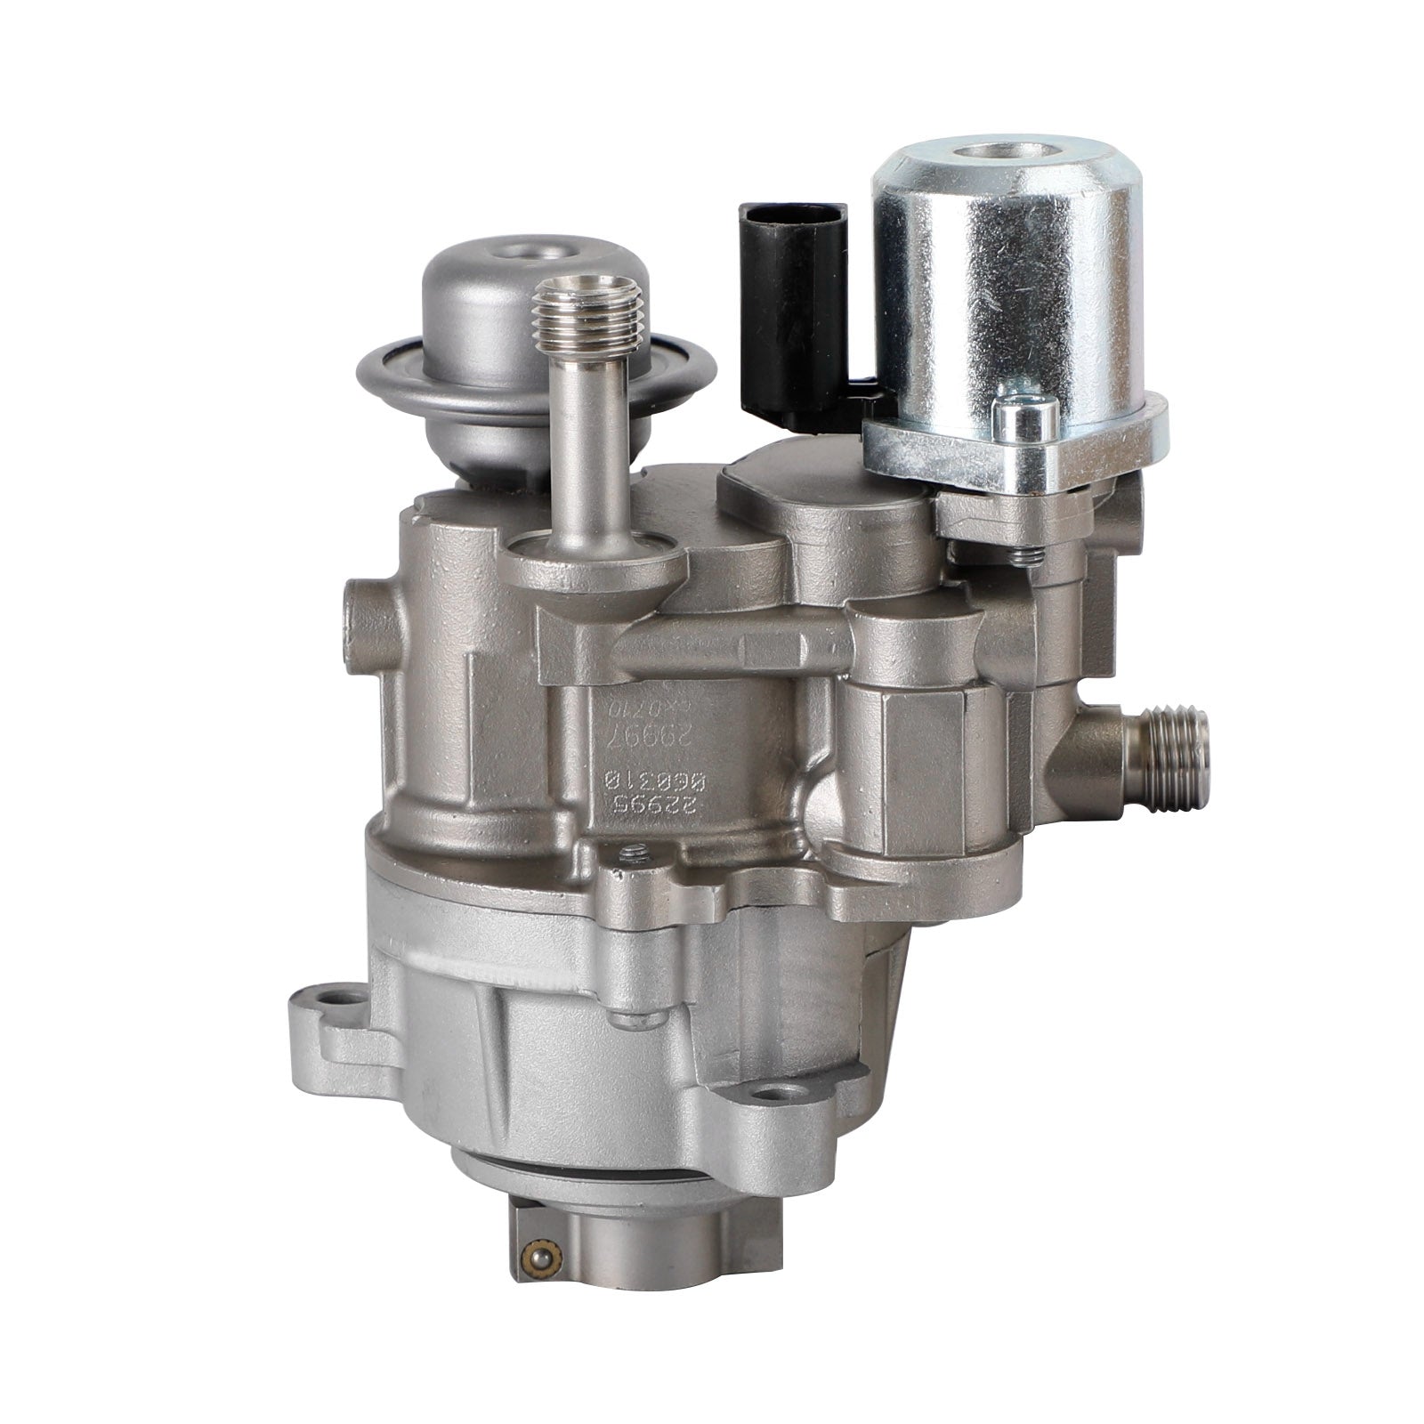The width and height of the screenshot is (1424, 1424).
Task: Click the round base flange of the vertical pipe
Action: point(596,561)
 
